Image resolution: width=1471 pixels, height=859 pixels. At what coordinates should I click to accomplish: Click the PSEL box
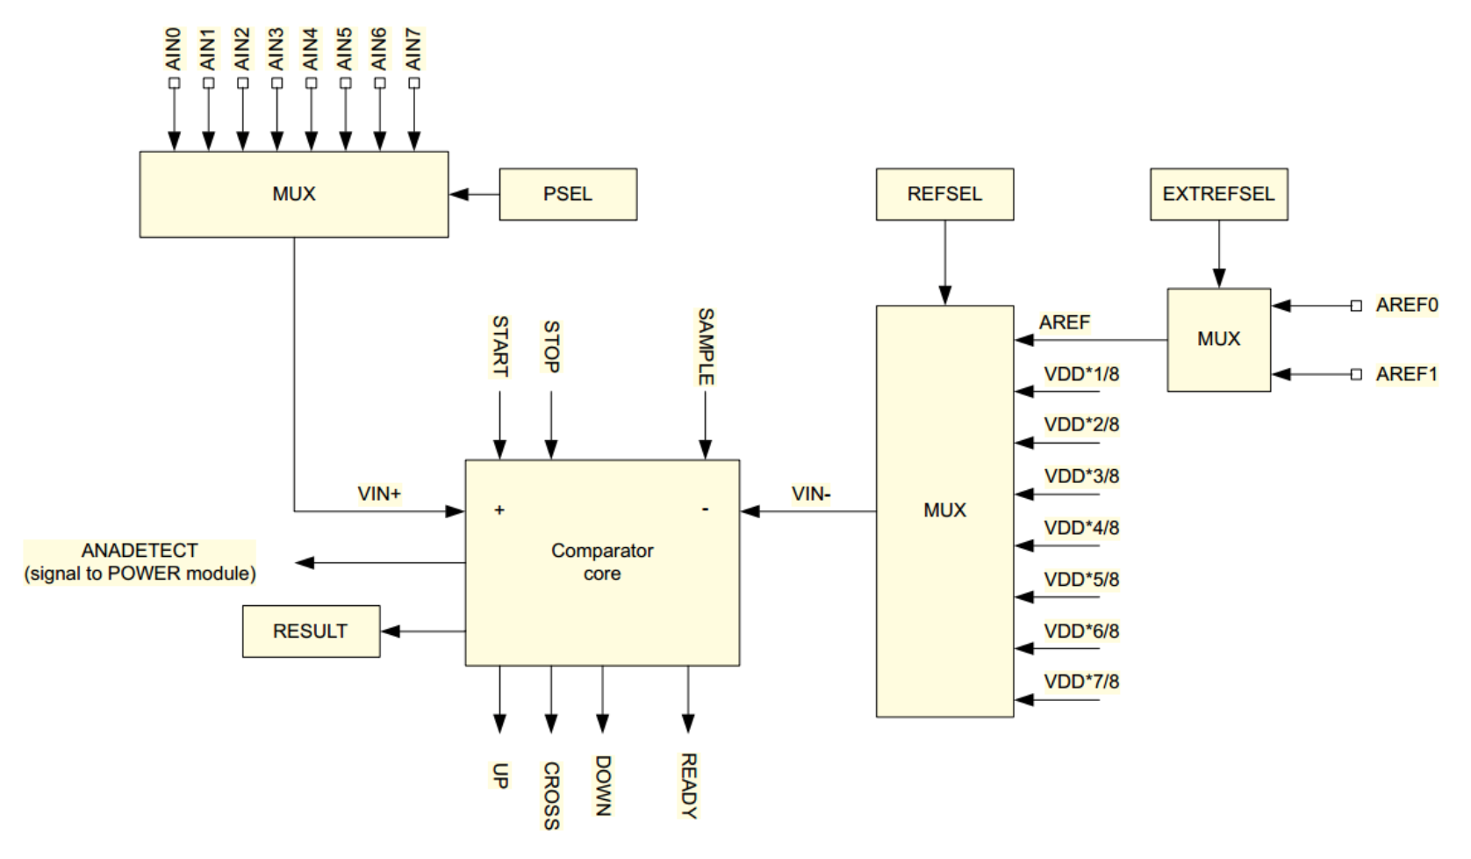[568, 194]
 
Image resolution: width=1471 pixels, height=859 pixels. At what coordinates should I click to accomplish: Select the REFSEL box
[944, 194]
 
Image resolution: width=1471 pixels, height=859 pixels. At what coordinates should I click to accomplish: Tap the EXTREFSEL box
[1218, 194]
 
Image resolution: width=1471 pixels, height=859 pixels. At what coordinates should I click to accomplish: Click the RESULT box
[311, 631]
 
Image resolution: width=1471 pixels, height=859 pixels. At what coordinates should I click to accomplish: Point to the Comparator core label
[602, 562]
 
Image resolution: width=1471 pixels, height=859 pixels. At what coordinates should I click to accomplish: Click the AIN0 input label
[174, 49]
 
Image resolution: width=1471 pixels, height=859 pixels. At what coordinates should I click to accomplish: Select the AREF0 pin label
[1407, 306]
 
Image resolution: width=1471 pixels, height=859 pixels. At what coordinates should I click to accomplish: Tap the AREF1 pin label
[1407, 374]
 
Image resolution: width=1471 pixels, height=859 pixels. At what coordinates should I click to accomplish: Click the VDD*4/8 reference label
[1081, 528]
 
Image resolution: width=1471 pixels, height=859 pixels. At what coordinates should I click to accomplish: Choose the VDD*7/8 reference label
[1081, 682]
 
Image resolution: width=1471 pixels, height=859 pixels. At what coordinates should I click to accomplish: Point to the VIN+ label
[379, 494]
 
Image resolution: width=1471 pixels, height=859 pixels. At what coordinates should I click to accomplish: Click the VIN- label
[810, 494]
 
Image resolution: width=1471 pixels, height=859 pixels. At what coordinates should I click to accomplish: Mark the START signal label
[499, 346]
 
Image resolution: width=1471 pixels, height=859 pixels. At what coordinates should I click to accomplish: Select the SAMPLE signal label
[706, 346]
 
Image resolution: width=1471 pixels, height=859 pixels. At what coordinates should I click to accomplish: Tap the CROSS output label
[551, 795]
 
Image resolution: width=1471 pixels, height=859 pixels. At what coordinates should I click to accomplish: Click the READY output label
[688, 785]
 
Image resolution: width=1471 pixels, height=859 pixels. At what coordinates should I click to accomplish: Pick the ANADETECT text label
[140, 551]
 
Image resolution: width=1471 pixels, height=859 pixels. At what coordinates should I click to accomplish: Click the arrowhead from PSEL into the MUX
[457, 194]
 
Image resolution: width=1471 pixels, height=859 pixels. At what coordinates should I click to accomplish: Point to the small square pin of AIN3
[276, 83]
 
